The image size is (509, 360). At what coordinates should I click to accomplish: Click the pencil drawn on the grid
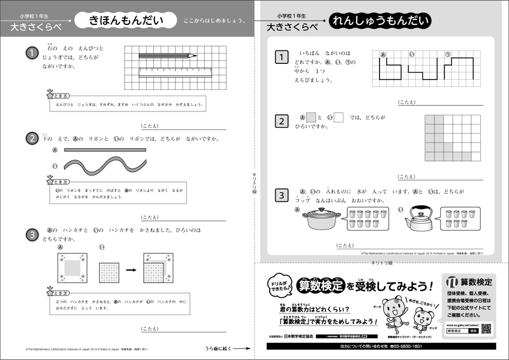point(167,55)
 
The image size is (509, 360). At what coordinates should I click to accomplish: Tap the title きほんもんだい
point(126,21)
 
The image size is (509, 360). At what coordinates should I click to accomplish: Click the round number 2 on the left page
point(33,139)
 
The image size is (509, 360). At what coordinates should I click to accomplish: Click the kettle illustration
point(420,219)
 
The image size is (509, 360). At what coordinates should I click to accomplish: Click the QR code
point(486,329)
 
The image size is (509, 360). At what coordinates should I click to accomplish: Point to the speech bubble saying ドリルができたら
point(280,285)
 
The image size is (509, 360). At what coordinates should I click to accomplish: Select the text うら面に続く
point(220,348)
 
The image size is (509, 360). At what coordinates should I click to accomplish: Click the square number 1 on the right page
point(280,57)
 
